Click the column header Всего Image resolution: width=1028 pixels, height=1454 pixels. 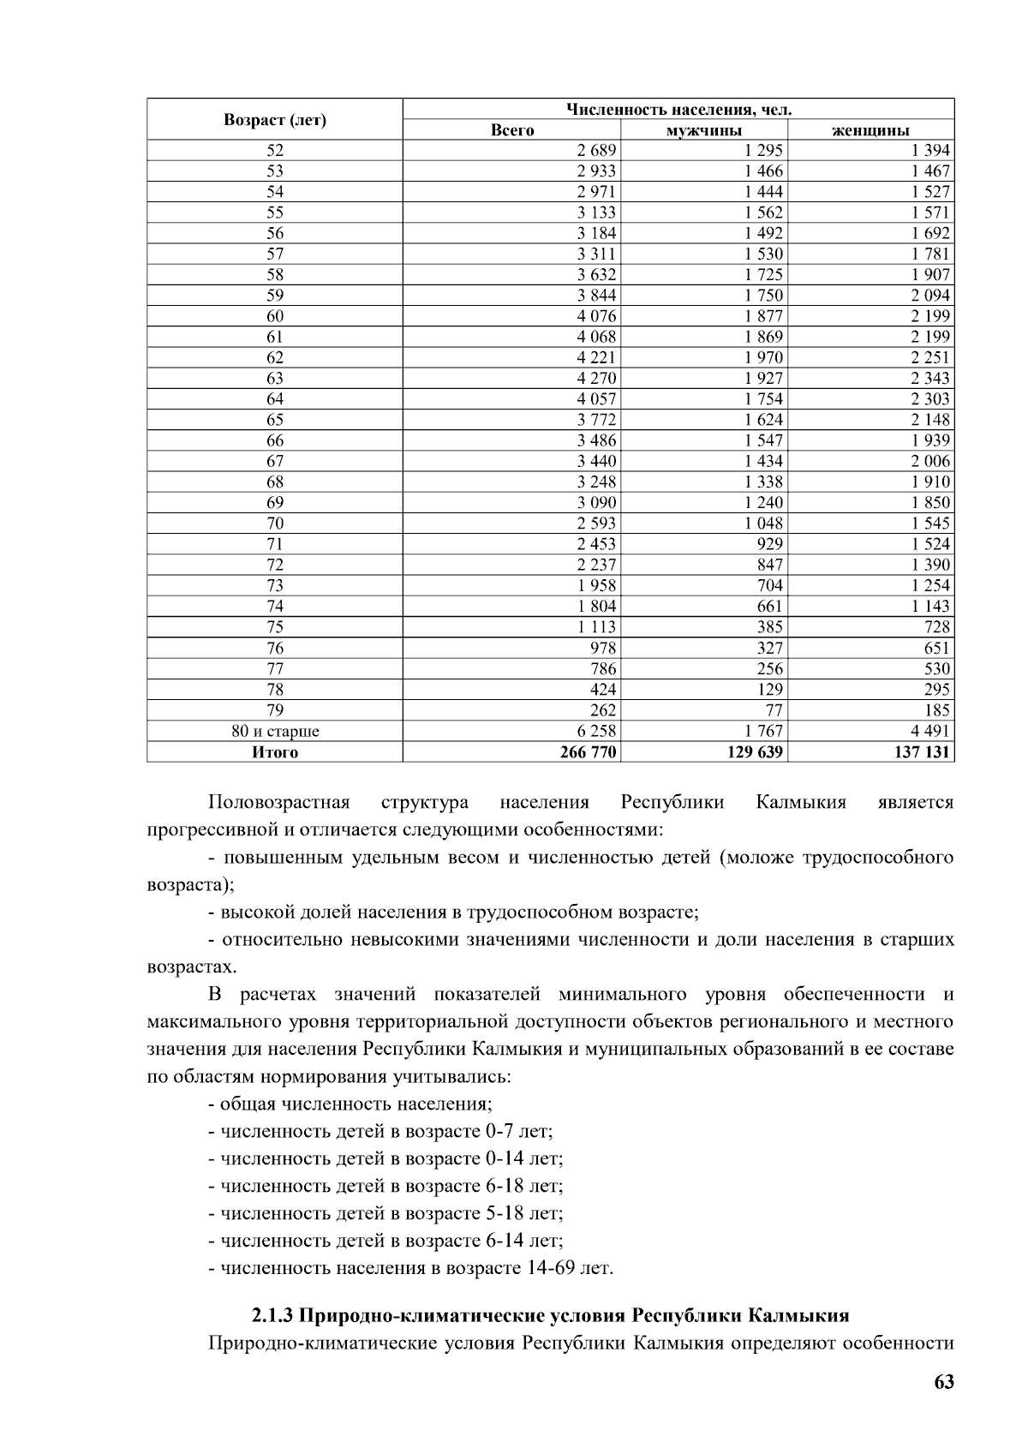[x=511, y=130]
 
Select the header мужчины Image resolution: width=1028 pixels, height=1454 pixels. [x=703, y=130]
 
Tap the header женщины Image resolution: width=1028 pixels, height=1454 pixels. [x=870, y=130]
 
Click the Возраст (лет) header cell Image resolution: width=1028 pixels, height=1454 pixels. [x=275, y=120]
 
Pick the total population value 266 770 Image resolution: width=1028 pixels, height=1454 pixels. [x=588, y=752]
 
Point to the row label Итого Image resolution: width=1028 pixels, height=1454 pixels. [x=275, y=752]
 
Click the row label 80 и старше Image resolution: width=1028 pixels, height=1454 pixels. [x=275, y=732]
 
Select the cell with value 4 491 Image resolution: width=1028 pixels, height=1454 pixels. [x=929, y=732]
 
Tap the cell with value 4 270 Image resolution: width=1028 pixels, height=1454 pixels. [x=596, y=379]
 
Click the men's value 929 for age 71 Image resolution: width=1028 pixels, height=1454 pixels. [x=769, y=544]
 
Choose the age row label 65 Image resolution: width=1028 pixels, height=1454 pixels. [x=275, y=420]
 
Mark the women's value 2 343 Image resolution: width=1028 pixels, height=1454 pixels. [x=929, y=379]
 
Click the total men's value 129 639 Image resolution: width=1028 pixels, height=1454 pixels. [x=754, y=752]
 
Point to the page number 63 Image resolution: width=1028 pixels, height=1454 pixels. [x=943, y=1382]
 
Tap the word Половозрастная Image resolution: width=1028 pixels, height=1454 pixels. [x=279, y=803]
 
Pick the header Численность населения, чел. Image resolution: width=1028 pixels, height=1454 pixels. [x=678, y=110]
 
